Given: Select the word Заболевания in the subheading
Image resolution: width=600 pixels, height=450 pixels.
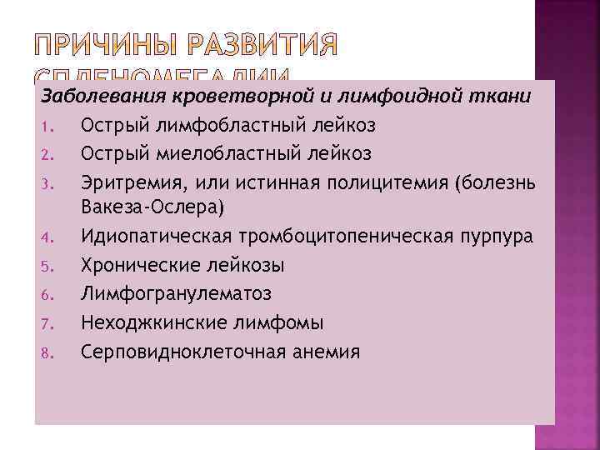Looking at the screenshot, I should pos(91,96).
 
